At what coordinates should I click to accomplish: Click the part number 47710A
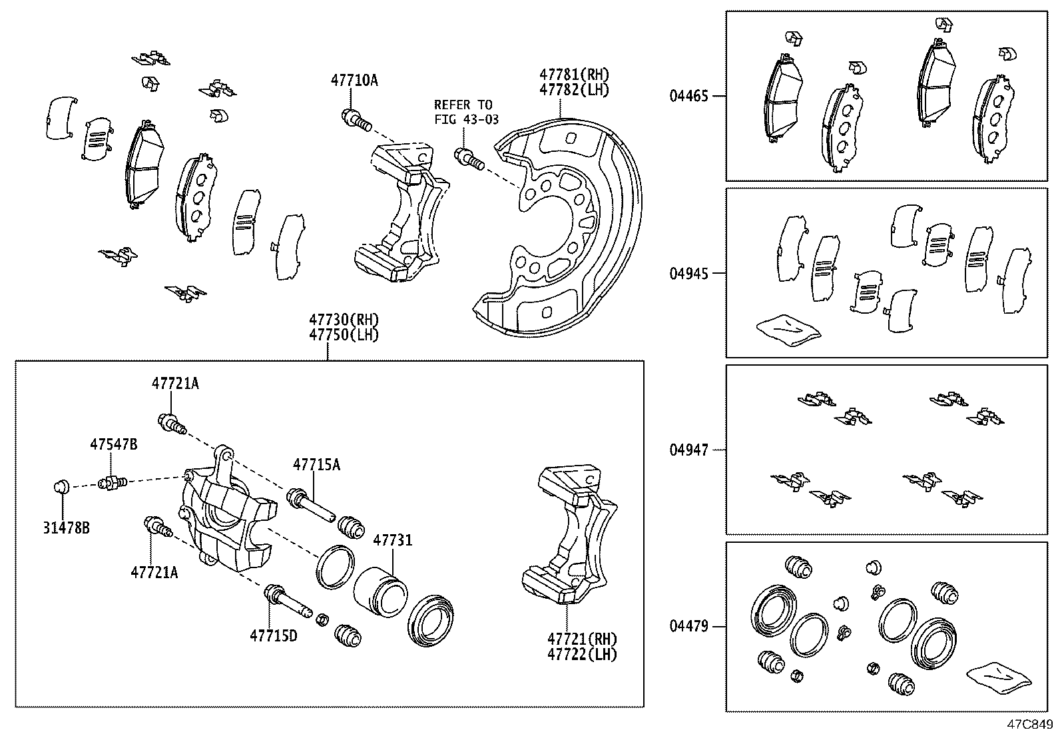(354, 81)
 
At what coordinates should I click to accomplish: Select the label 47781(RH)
(574, 75)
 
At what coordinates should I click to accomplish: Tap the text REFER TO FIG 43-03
(463, 112)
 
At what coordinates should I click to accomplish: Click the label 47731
(392, 540)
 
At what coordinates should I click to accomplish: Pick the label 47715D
(273, 636)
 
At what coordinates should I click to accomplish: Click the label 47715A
(316, 465)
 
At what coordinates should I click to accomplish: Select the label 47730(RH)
(343, 320)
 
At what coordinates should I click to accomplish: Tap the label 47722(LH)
(582, 655)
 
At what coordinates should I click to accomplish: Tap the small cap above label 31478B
(61, 487)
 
